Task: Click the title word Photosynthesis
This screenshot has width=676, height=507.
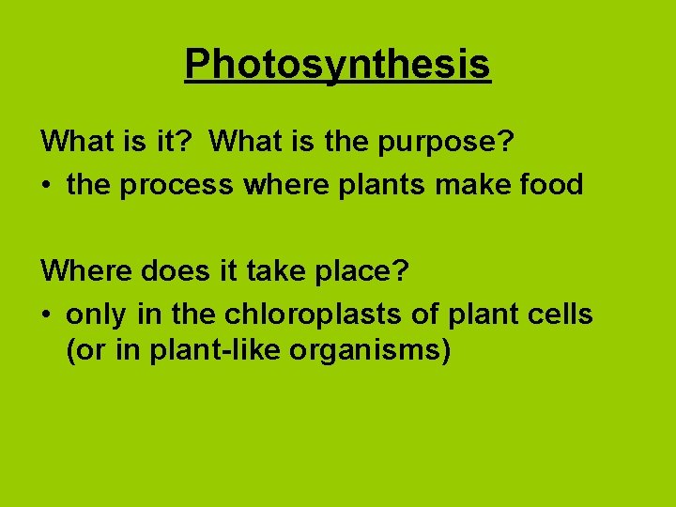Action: (x=337, y=65)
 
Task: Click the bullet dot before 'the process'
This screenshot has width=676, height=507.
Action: (x=47, y=186)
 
